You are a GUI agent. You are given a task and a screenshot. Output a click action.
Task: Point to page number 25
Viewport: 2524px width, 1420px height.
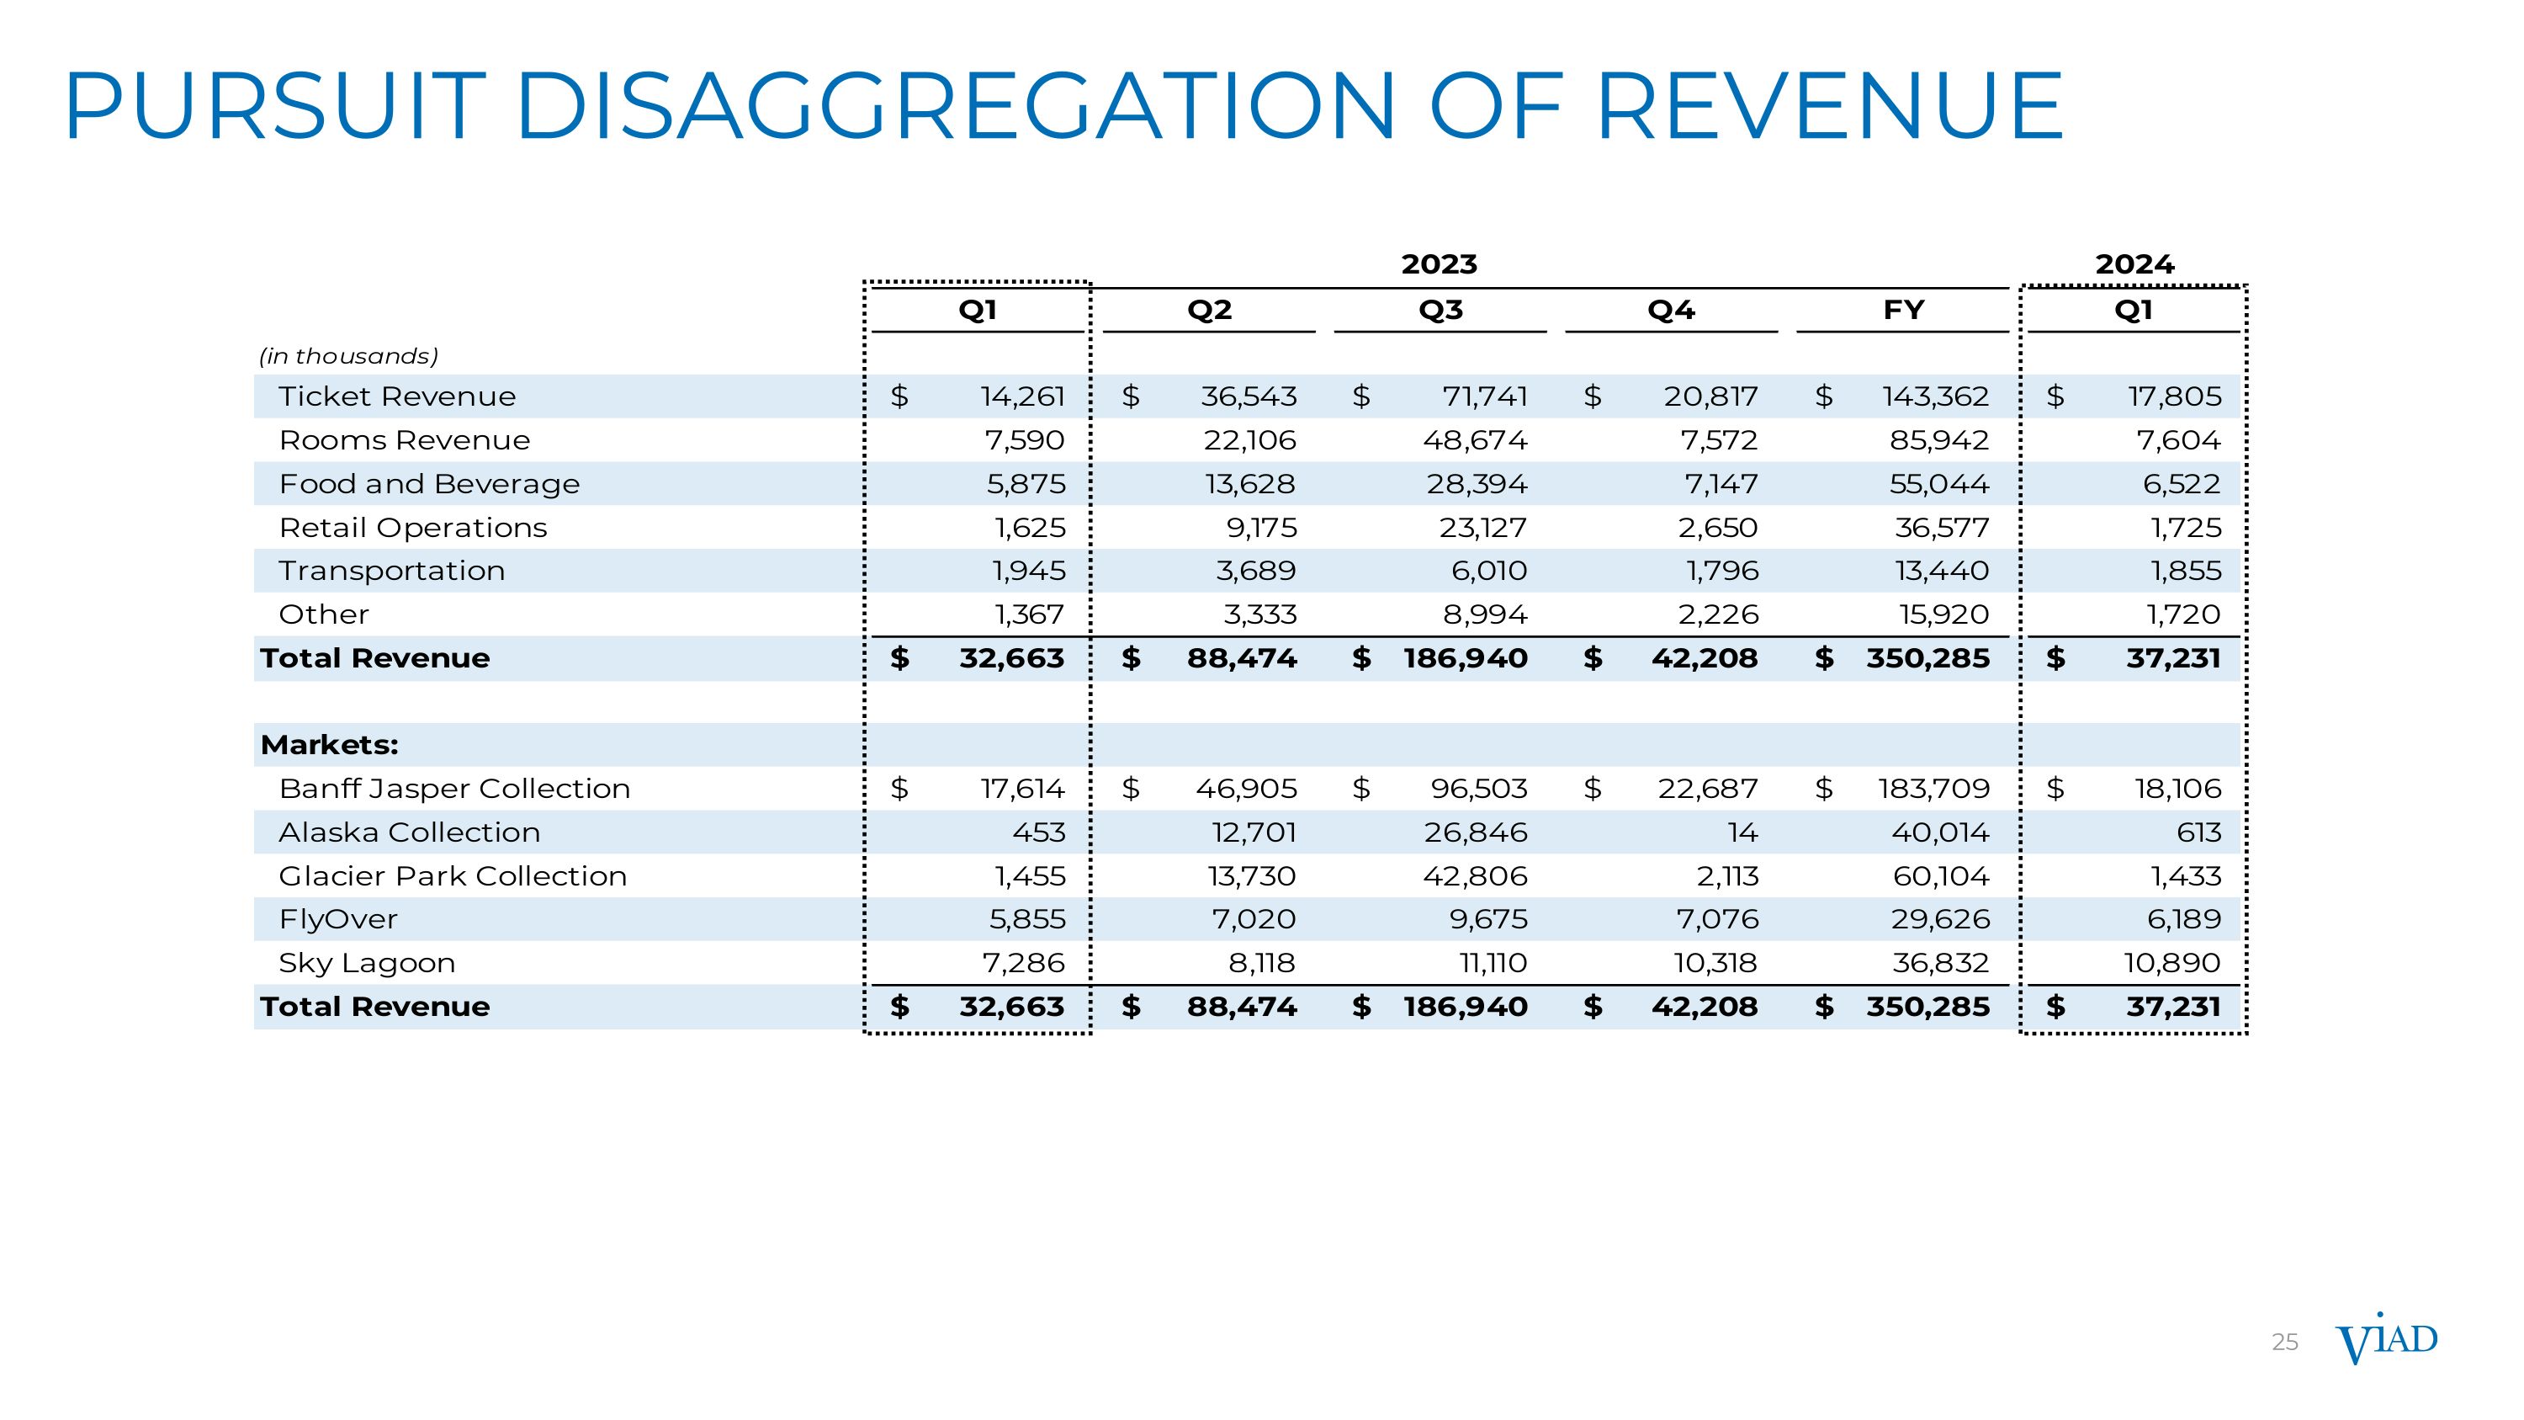click(x=2284, y=1343)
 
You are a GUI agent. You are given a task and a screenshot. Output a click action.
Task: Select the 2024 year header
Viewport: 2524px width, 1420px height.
click(x=2134, y=264)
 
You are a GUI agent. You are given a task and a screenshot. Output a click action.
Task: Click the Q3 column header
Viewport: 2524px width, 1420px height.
click(x=1440, y=311)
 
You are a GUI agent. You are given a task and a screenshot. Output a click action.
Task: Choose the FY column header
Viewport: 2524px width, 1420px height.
click(x=1903, y=311)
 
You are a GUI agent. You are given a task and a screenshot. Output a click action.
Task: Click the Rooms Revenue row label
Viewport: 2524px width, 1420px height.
click(x=404, y=441)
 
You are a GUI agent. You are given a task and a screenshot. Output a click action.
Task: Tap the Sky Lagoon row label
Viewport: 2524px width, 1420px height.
click(x=367, y=963)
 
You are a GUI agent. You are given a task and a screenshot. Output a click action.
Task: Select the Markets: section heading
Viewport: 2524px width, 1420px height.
click(x=329, y=746)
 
